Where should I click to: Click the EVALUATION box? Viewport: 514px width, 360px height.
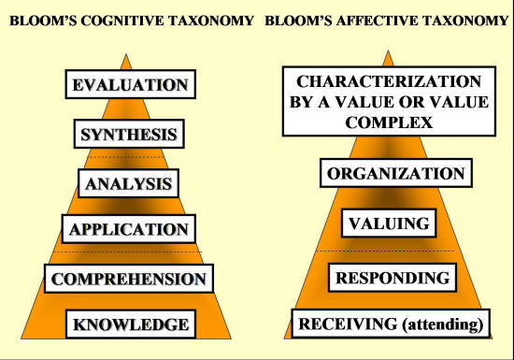point(130,85)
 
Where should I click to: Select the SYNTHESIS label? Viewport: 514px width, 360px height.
point(129,134)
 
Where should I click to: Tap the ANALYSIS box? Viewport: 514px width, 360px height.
point(129,183)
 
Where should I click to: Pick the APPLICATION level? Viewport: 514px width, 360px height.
point(129,229)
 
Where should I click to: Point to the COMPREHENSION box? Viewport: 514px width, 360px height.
point(129,279)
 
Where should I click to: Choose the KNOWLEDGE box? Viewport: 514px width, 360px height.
point(131,324)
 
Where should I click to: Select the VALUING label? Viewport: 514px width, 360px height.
point(388,224)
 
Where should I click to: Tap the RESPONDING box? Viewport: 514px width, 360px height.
point(393,278)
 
